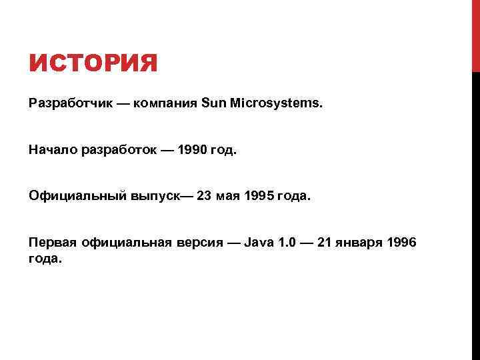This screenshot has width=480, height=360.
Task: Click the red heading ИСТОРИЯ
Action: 93,65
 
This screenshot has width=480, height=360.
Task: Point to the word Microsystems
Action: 275,104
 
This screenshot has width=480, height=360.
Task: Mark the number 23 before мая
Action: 205,197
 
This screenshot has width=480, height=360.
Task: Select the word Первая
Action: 53,243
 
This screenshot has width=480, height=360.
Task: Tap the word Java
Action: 257,243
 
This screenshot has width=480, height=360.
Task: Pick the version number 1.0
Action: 287,243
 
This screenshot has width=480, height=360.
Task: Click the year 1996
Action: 401,243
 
